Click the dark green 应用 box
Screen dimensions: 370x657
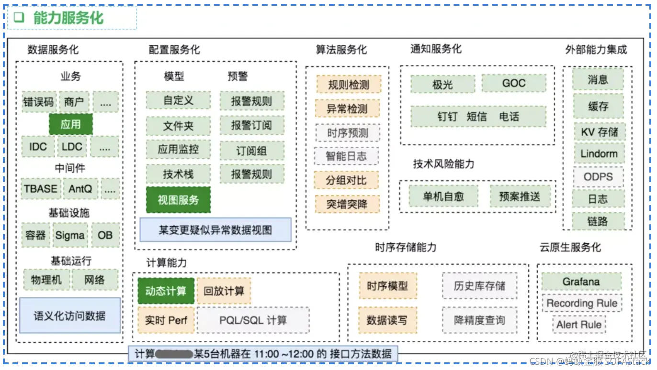pyautogui.click(x=70, y=124)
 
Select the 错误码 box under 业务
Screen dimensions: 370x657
pyautogui.click(x=39, y=102)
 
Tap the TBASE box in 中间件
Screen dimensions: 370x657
pyautogui.click(x=41, y=189)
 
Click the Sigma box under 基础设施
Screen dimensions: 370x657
pyautogui.click(x=70, y=235)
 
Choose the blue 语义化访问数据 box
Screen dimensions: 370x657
pyautogui.click(x=69, y=316)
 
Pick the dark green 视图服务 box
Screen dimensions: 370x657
pyautogui.click(x=178, y=200)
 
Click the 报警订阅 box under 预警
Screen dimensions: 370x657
pyautogui.click(x=251, y=126)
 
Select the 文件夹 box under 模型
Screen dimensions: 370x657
pyautogui.click(x=178, y=126)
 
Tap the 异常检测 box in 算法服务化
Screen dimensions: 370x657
pyautogui.click(x=347, y=109)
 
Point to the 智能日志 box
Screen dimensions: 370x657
pyautogui.click(x=346, y=156)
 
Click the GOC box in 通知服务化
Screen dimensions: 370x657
pyautogui.click(x=513, y=83)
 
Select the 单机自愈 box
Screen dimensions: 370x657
pyautogui.click(x=443, y=196)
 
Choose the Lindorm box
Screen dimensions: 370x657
pyautogui.click(x=599, y=154)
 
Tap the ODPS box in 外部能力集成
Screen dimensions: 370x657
pyautogui.click(x=598, y=176)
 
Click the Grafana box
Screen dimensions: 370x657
pyautogui.click(x=581, y=282)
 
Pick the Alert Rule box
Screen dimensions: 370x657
pyautogui.click(x=578, y=325)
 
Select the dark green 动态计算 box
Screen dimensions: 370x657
pyautogui.click(x=166, y=291)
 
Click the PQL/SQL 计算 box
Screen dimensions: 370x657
pyautogui.click(x=253, y=320)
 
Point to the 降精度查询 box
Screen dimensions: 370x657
pyautogui.click(x=479, y=320)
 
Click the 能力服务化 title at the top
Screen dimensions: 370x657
pyautogui.click(x=68, y=18)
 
